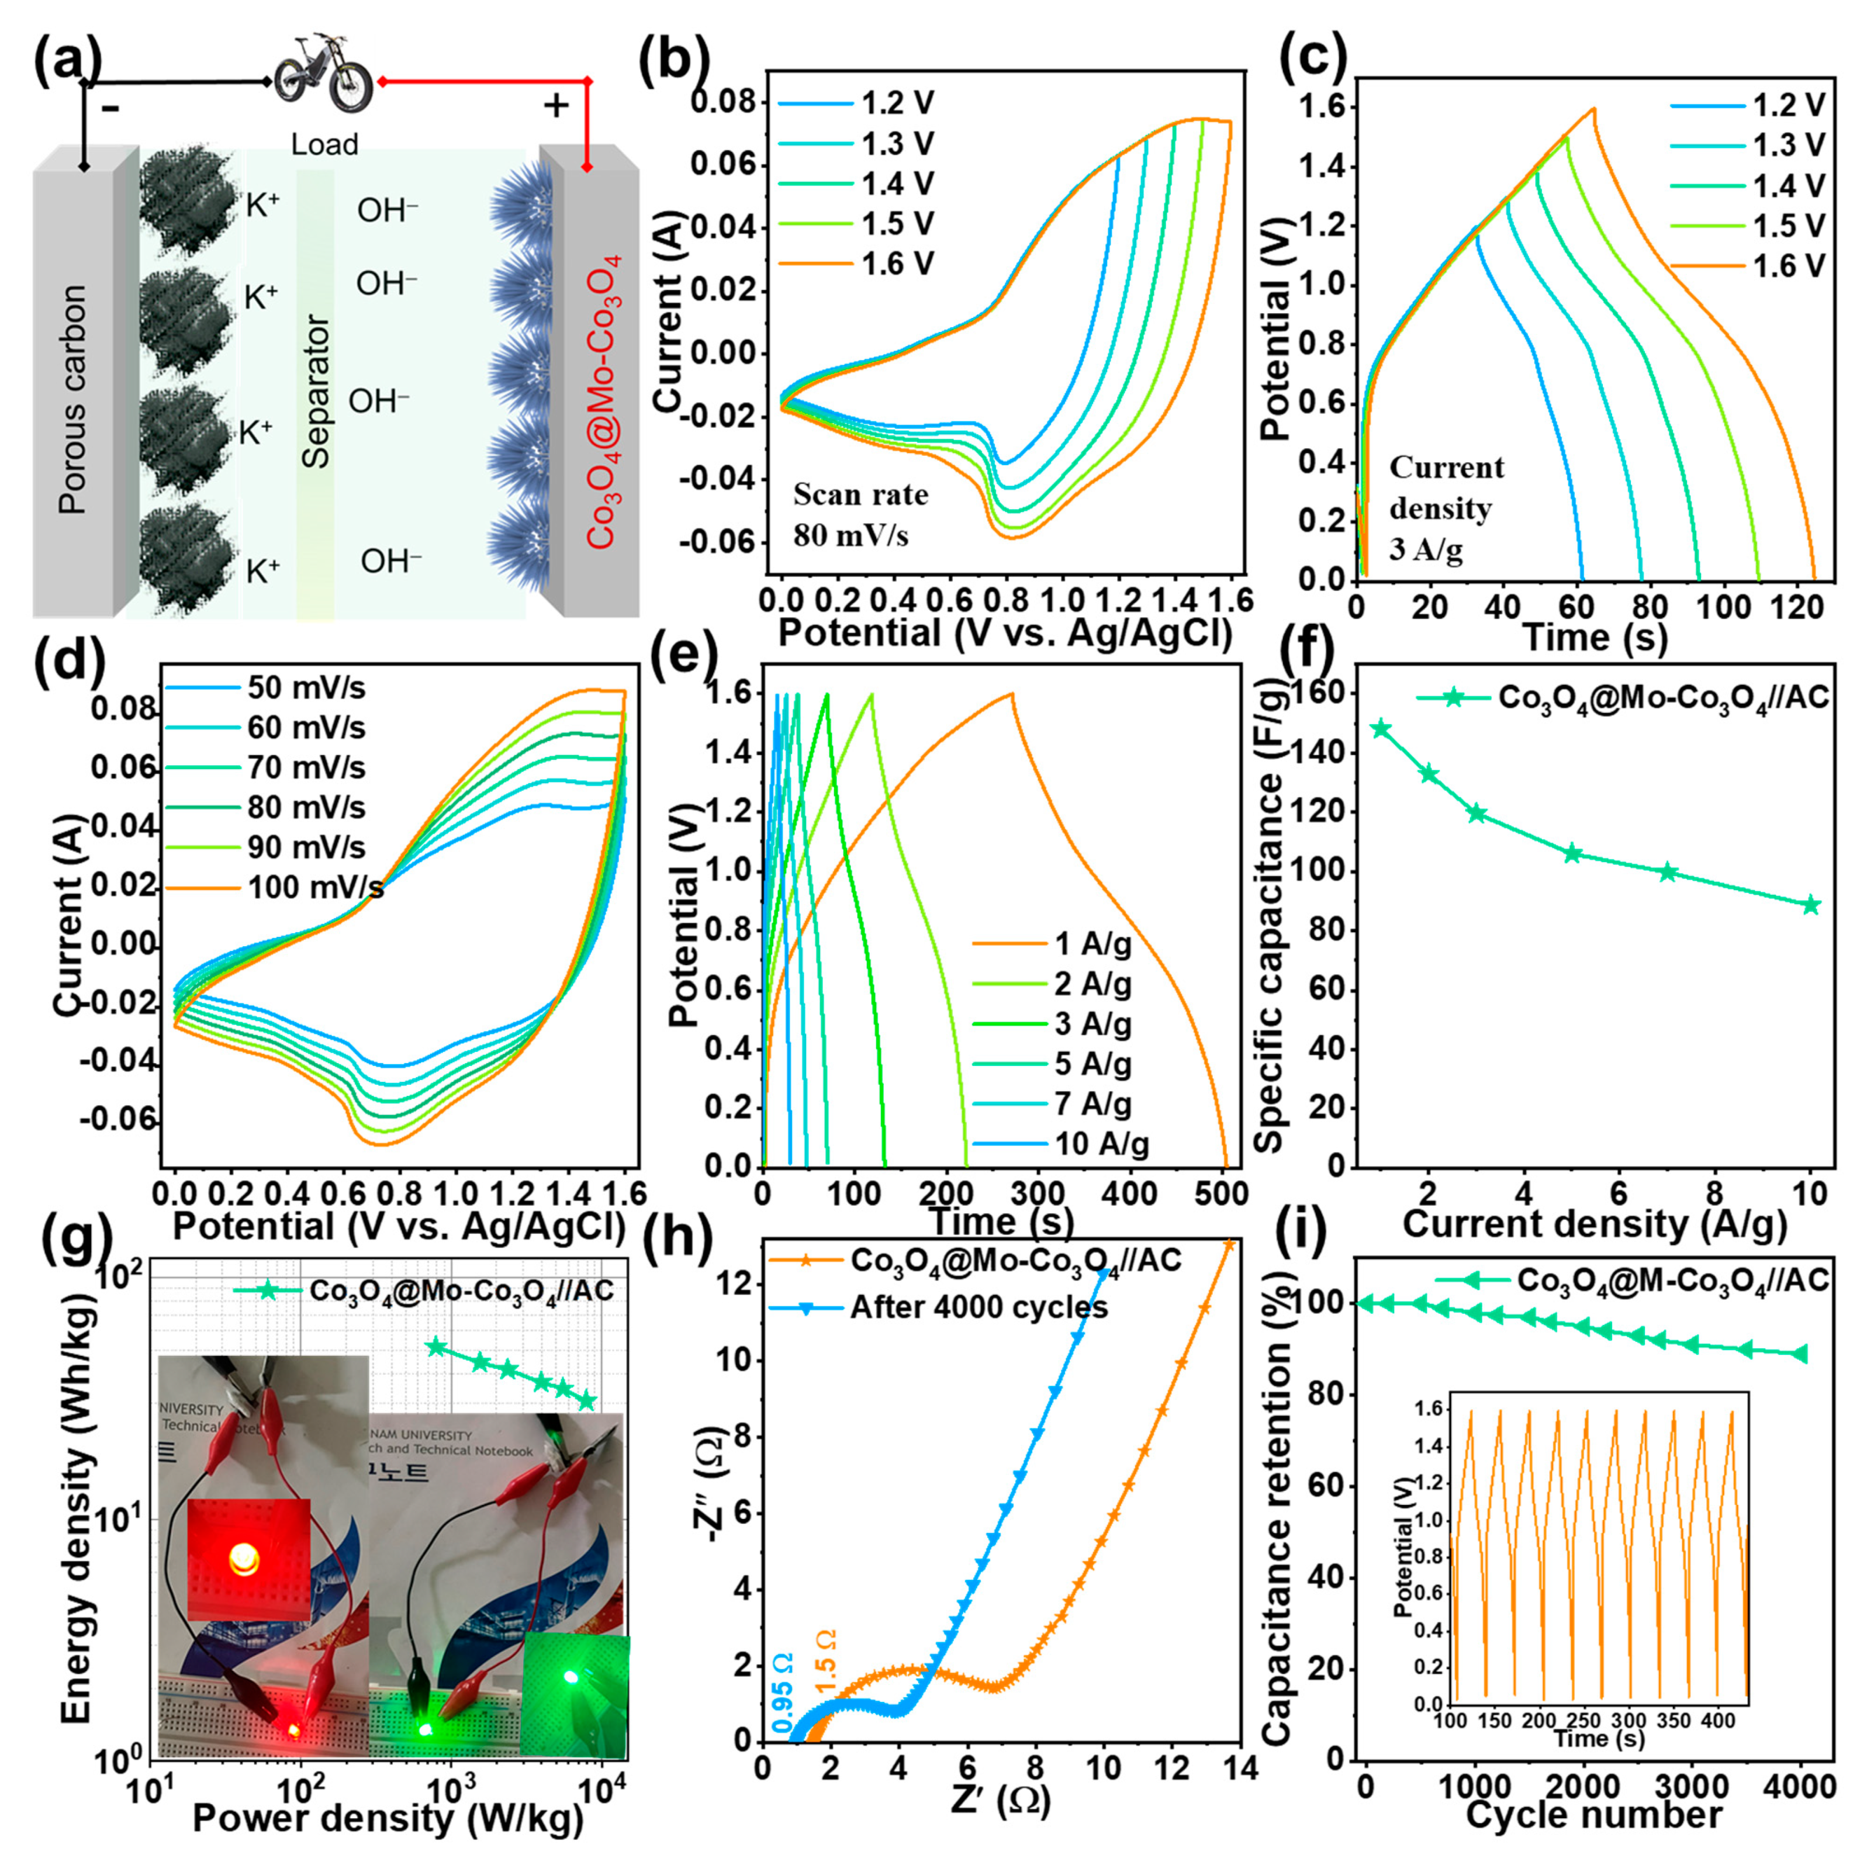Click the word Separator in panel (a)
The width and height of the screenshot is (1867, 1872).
point(316,392)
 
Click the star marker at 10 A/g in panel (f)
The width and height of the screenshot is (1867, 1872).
point(1810,905)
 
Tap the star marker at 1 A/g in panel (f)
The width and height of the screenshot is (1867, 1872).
point(1381,729)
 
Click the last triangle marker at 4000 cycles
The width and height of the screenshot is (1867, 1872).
point(1800,1354)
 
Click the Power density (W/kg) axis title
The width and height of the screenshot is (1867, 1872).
point(388,1819)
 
